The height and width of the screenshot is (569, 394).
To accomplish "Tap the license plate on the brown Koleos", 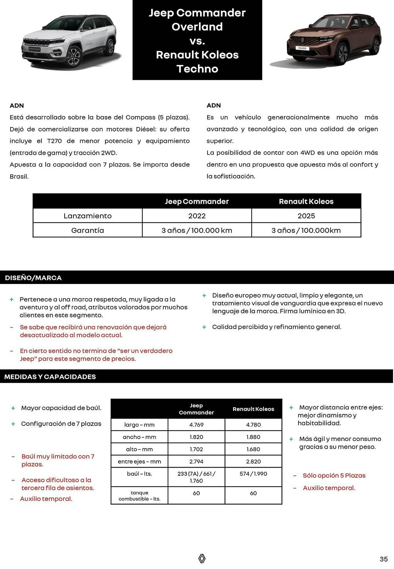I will (x=302, y=48).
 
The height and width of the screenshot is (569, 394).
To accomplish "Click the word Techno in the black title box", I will (x=197, y=69).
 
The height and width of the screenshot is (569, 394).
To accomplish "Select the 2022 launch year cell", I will (x=197, y=216).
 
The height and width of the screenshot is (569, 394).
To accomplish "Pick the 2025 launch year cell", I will (x=306, y=216).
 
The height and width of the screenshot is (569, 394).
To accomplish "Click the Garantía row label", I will (x=88, y=230).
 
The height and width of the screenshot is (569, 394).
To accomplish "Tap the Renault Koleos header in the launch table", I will (x=306, y=201).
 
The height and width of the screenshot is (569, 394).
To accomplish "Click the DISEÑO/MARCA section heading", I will (x=33, y=278).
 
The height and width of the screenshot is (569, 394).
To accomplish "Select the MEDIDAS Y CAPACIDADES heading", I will (x=50, y=377).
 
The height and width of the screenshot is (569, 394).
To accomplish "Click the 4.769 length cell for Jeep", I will (x=196, y=425).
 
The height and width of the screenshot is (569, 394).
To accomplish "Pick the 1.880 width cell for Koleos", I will (x=253, y=437).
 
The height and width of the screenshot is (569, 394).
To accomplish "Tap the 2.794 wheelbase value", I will (x=196, y=461).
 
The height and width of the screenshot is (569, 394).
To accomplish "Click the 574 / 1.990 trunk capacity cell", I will (x=253, y=474).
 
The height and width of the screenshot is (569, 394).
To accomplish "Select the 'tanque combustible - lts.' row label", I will (x=139, y=496).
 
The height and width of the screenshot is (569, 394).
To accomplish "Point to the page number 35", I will (x=383, y=559).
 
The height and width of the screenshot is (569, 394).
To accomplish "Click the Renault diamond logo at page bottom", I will (x=202, y=558).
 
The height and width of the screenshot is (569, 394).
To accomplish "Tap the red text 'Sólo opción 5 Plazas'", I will (x=334, y=475).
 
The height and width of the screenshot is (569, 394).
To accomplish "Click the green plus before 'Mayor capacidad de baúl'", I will (x=13, y=408).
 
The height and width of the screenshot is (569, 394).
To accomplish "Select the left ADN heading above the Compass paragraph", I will (x=17, y=106).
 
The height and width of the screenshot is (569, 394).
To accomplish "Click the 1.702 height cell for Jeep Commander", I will (x=196, y=449).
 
